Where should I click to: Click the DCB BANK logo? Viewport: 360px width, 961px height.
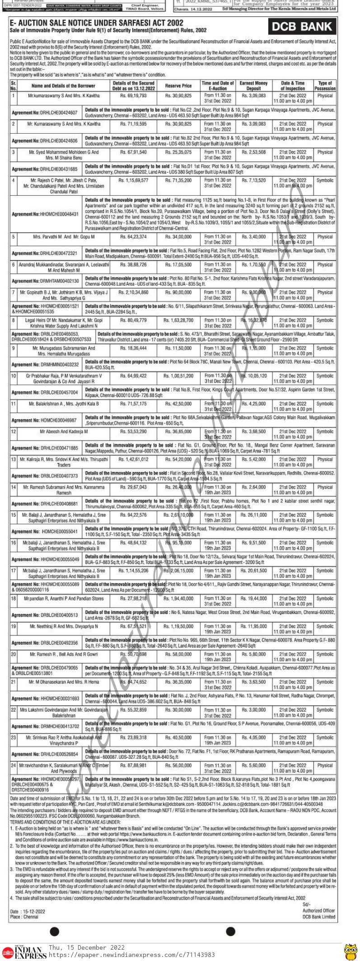point(302,27)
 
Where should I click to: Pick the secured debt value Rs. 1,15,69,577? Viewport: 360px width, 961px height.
point(133,180)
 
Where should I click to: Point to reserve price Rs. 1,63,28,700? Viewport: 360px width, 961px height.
point(178,320)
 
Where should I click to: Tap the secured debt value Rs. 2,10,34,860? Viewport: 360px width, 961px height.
point(133,292)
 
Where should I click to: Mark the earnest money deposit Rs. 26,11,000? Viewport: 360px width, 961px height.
point(253,515)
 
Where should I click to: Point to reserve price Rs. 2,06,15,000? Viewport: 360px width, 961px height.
point(178,571)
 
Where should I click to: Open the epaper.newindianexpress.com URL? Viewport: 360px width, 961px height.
point(131,955)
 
